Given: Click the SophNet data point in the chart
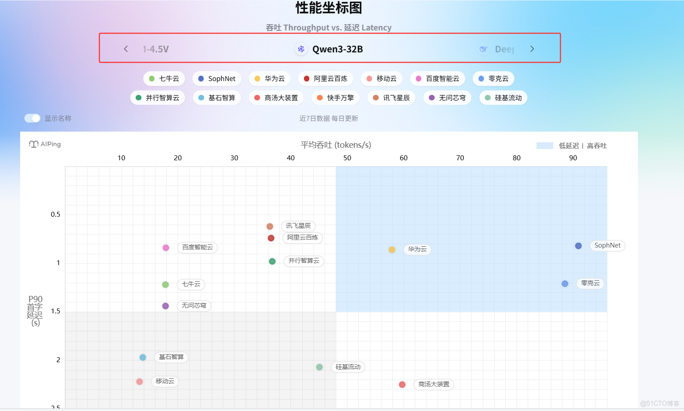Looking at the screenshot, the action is [x=578, y=246].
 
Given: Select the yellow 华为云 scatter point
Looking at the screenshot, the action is [x=392, y=250].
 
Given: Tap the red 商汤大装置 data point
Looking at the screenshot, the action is [x=402, y=385].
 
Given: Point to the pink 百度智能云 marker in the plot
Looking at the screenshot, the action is [x=166, y=248].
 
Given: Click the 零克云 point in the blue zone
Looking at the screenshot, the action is [x=565, y=284].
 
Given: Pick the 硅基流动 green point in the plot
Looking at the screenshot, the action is [x=320, y=367].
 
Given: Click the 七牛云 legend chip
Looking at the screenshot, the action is [x=164, y=79].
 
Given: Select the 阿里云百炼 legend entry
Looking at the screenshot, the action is [x=325, y=79].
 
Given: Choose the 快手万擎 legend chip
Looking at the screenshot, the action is [x=335, y=98].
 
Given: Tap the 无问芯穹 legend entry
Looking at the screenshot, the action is [x=447, y=98].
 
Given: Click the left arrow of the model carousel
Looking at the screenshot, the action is [x=126, y=49].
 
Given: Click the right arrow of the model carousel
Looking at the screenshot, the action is [x=532, y=49].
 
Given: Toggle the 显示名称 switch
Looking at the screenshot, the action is [x=32, y=118].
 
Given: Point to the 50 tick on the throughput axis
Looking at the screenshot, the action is [x=347, y=158].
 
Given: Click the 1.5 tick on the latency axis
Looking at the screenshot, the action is [x=56, y=311].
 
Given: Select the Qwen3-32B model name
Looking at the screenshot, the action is [x=338, y=49].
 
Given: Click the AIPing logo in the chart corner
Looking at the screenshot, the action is [x=45, y=144].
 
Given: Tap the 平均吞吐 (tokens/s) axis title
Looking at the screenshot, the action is [x=336, y=145].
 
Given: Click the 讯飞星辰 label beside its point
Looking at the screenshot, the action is [x=298, y=226].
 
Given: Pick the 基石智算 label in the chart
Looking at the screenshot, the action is [x=171, y=357].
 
